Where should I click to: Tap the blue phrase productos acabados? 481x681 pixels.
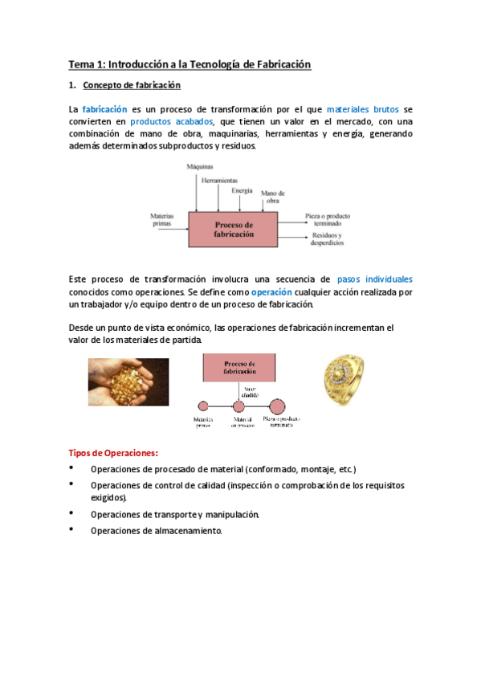pyautogui.click(x=166, y=120)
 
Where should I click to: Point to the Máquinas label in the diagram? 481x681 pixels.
pyautogui.click(x=199, y=167)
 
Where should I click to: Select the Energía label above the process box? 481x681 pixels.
pyautogui.click(x=242, y=190)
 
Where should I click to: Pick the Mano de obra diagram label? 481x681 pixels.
pyautogui.click(x=273, y=197)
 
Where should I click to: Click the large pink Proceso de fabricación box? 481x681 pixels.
pyautogui.click(x=233, y=228)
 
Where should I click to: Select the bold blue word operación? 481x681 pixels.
pyautogui.click(x=271, y=292)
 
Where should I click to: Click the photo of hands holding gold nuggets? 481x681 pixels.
pyautogui.click(x=128, y=381)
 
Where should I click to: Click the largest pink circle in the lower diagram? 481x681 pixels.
pyautogui.click(x=277, y=406)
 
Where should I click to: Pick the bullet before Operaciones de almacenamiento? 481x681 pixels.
pyautogui.click(x=71, y=529)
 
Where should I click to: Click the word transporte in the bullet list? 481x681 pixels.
pyautogui.click(x=170, y=514)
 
